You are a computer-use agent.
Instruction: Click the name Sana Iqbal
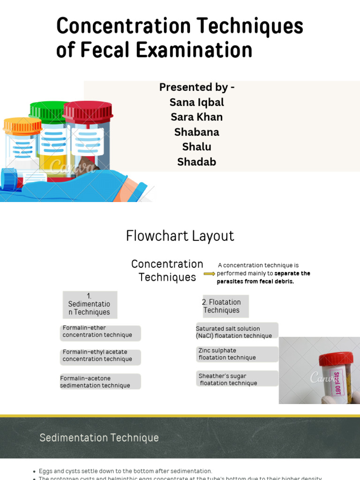196,102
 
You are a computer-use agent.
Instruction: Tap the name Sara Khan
196,117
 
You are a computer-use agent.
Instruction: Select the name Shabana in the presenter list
196,132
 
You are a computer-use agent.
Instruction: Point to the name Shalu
196,147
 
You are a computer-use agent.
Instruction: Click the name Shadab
196,162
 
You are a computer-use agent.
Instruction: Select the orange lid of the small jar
22,126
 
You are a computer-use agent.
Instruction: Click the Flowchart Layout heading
180,236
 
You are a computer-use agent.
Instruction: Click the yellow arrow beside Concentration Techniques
210,274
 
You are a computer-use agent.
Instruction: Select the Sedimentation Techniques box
90,305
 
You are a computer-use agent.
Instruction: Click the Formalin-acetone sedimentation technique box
100,382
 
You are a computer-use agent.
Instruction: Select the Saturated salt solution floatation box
237,332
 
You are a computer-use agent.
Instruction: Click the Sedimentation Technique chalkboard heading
99,438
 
